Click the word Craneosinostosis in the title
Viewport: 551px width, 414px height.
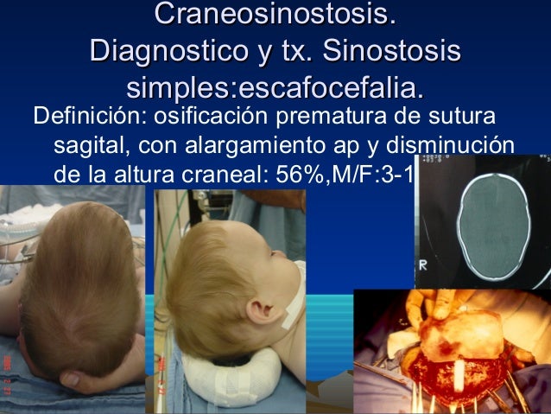tap(275, 15)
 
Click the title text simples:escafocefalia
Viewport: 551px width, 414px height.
tap(275, 88)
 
